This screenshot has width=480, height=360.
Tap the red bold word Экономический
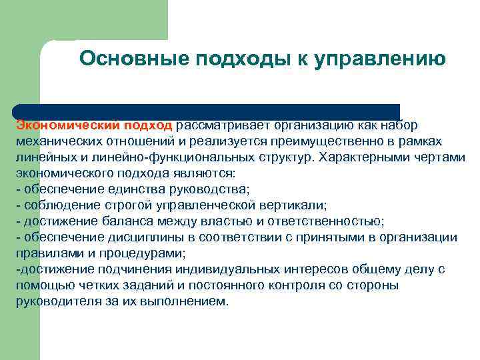58,125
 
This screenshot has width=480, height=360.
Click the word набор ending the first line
400,125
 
